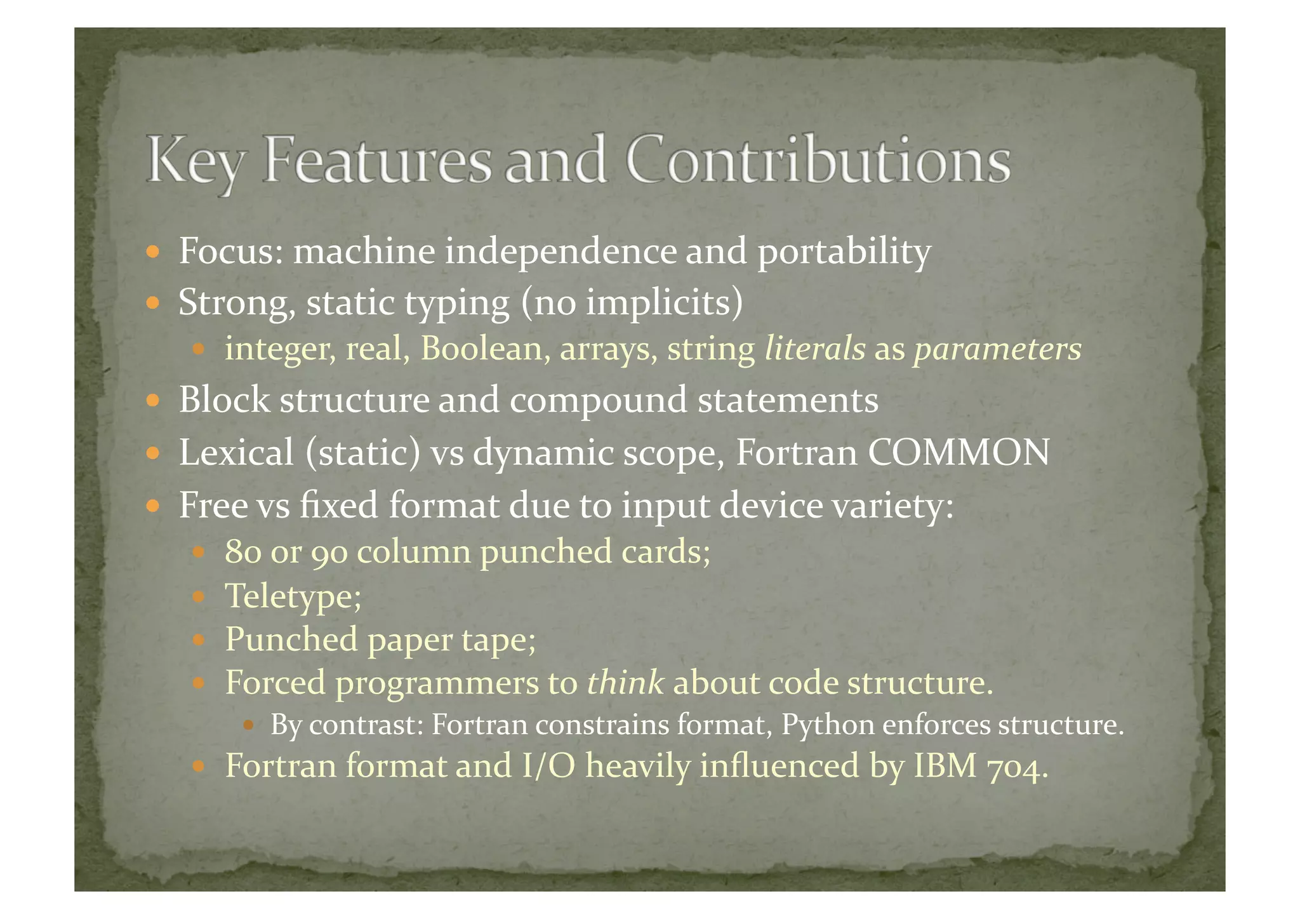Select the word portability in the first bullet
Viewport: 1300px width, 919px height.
(844, 252)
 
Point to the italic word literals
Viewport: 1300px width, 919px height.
(815, 349)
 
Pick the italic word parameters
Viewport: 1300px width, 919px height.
(997, 349)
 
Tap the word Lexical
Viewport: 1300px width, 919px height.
(236, 452)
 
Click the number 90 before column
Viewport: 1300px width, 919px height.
(329, 551)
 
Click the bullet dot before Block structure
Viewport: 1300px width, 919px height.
(152, 401)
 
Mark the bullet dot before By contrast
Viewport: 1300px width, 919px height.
(249, 725)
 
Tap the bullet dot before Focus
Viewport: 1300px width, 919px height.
(152, 252)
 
